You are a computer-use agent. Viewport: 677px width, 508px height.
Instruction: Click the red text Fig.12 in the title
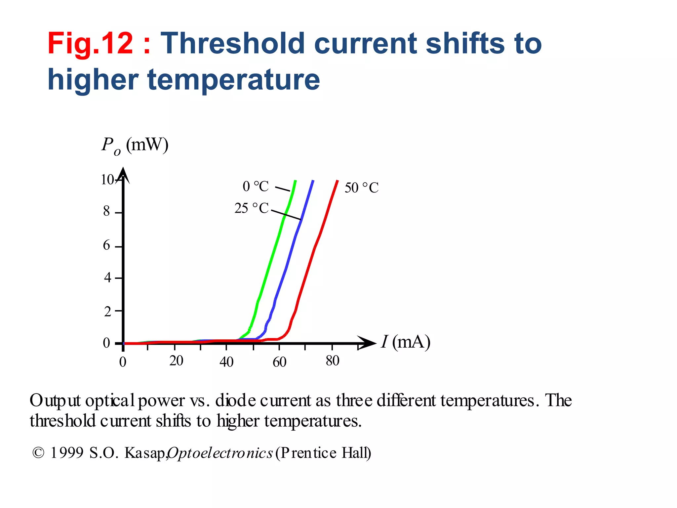pos(90,43)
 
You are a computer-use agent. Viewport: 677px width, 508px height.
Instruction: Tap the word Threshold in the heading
pos(232,43)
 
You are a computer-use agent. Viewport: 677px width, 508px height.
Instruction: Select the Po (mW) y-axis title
pos(135,146)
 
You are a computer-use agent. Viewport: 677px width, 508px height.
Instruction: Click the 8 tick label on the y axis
pos(106,211)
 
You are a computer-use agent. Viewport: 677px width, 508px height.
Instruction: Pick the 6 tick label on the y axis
pos(106,245)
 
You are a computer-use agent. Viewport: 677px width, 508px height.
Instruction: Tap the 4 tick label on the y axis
pos(107,277)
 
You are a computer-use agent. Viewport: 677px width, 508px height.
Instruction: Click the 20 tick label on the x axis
pos(176,361)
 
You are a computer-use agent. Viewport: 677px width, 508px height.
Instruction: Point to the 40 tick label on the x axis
pos(226,362)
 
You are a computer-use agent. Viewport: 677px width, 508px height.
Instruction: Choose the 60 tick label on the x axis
pos(279,362)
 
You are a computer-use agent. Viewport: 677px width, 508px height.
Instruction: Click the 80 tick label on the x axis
pos(332,361)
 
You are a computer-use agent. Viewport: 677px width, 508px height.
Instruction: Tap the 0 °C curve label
pos(256,187)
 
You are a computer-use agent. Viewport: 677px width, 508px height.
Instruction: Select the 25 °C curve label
pos(252,208)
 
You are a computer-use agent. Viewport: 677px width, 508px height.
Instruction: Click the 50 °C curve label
pos(361,188)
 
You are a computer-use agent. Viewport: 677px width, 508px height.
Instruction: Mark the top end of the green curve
pos(296,181)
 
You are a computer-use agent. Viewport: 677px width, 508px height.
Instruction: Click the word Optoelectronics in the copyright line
pos(220,453)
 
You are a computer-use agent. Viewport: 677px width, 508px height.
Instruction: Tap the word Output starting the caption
pos(55,401)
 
